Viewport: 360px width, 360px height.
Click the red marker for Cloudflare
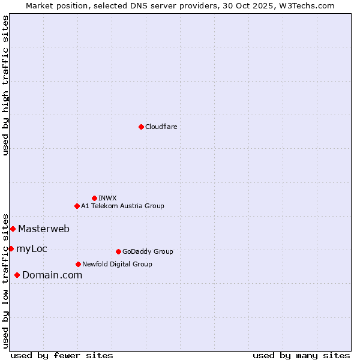(141, 127)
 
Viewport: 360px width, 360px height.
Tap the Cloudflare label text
(161, 127)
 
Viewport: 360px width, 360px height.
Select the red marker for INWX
(94, 198)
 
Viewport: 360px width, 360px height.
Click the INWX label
(107, 198)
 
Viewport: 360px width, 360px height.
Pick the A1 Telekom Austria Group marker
(77, 206)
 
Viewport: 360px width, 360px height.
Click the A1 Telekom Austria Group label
(122, 206)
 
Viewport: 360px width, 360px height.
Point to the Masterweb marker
(13, 229)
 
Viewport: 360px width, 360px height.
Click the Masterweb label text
(44, 229)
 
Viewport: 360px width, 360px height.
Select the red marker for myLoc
(11, 248)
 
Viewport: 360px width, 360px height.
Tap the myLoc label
(32, 248)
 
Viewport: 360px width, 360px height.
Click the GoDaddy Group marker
(118, 251)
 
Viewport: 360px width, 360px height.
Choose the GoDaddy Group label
(148, 251)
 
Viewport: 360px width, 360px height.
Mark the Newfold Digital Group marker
(78, 264)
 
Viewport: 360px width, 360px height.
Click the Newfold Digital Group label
(117, 264)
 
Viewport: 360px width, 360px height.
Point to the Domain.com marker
(17, 275)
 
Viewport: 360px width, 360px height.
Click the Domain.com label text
(52, 275)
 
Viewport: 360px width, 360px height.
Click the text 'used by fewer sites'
(62, 355)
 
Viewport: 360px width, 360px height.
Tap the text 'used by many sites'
(301, 355)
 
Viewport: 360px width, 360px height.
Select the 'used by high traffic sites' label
(5, 85)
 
